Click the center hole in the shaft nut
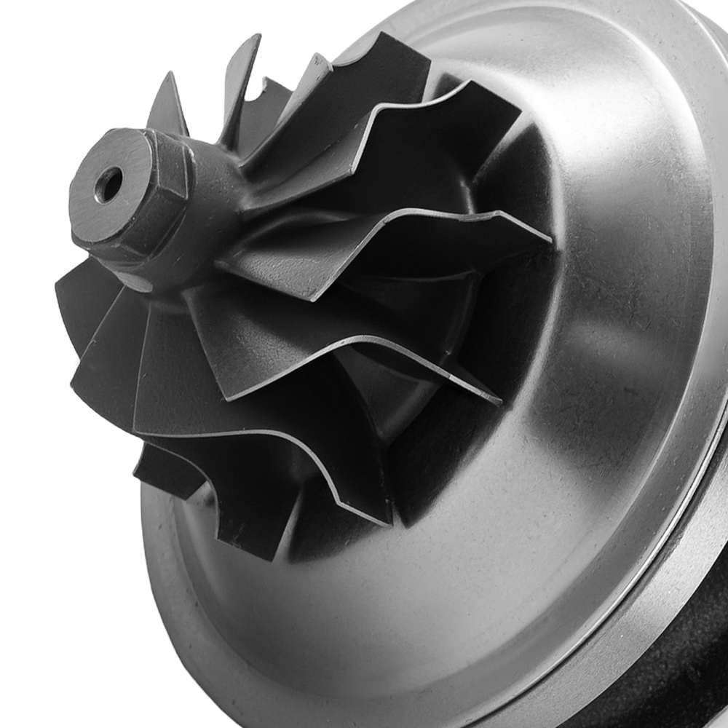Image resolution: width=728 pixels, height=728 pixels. coord(108,184)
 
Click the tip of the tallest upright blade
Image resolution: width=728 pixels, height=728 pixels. coord(256,36)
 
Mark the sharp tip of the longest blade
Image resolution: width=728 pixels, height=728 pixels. coord(550,240)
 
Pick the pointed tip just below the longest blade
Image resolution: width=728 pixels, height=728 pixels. coord(499,400)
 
